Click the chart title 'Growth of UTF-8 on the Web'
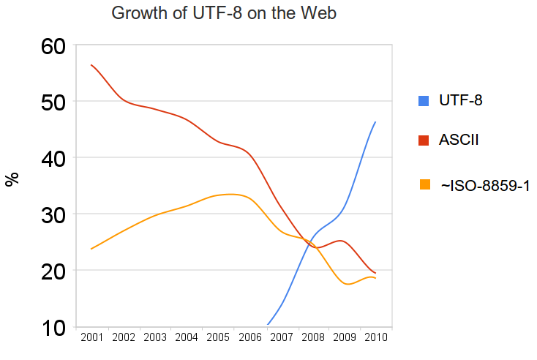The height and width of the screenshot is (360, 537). point(223,13)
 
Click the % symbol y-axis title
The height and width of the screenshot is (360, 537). point(12,180)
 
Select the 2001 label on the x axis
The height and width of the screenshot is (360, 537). point(91,337)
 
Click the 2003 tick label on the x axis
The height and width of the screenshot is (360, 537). point(154,337)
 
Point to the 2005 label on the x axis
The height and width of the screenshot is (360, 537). point(218,337)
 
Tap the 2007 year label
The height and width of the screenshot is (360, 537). point(281,337)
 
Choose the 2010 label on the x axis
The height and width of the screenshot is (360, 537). point(375,337)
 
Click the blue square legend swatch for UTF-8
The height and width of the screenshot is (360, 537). point(424,101)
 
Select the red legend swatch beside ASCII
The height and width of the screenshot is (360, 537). point(424,140)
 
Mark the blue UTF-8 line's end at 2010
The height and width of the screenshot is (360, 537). point(375,122)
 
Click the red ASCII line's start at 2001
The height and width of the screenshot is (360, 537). point(91,65)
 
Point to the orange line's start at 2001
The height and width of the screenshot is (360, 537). point(91,249)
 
